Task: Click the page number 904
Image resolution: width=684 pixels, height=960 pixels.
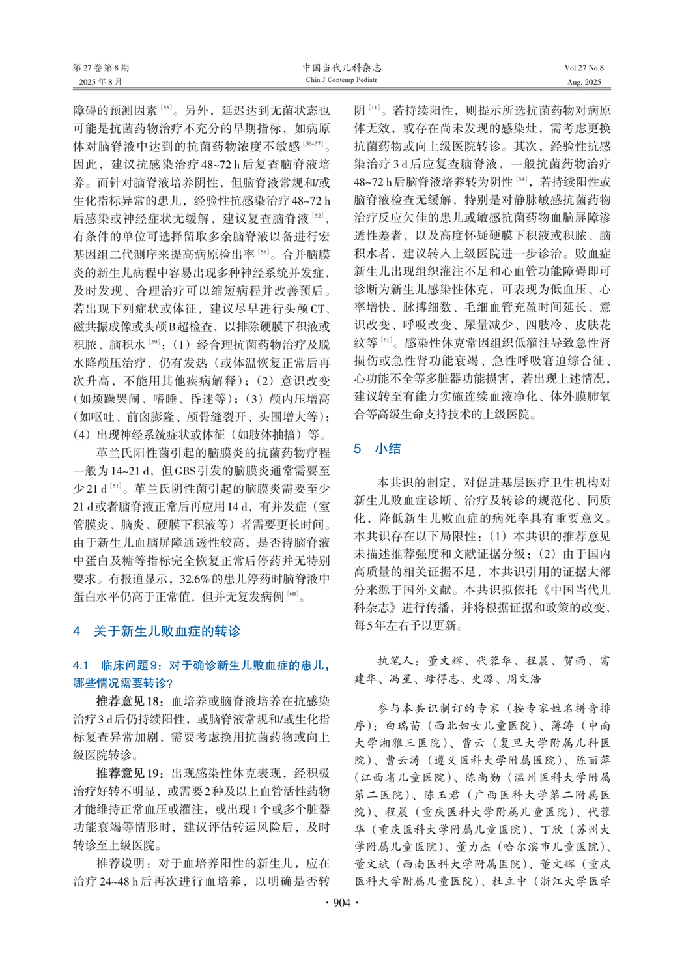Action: pos(341,903)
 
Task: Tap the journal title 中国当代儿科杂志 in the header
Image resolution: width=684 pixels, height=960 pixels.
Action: pos(341,68)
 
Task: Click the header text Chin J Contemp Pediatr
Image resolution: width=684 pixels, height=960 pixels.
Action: pos(341,80)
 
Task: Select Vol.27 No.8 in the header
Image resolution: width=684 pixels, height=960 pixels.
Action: pos(584,68)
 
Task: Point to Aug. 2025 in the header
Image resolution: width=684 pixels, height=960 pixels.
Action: pos(584,82)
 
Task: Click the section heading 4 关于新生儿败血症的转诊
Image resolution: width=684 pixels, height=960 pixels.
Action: pos(157,631)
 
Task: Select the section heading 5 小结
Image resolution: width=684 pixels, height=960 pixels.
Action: pos(377,448)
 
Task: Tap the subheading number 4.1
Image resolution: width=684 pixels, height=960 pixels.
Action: pos(81,665)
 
